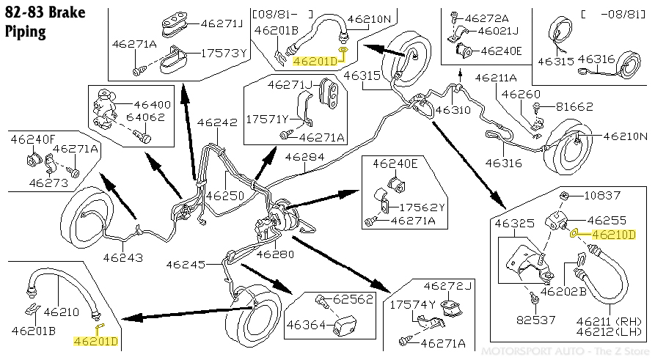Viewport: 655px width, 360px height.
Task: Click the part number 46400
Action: point(152,105)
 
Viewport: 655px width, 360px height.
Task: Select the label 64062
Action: point(145,117)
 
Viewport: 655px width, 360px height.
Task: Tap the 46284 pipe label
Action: point(305,157)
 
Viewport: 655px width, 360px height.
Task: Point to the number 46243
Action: point(122,257)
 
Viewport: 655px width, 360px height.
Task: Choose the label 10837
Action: point(602,196)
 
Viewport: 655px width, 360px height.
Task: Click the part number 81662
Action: point(574,107)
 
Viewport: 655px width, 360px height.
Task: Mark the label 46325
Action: point(515,224)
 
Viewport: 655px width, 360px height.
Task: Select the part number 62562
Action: point(353,299)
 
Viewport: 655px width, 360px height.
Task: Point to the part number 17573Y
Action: point(224,54)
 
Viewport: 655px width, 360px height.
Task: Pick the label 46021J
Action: point(498,31)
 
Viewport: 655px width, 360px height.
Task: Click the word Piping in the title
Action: point(25,32)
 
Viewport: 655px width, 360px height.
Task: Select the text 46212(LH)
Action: point(609,332)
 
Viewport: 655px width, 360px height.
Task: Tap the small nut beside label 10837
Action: point(563,195)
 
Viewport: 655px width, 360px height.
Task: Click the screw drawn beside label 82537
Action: point(534,298)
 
